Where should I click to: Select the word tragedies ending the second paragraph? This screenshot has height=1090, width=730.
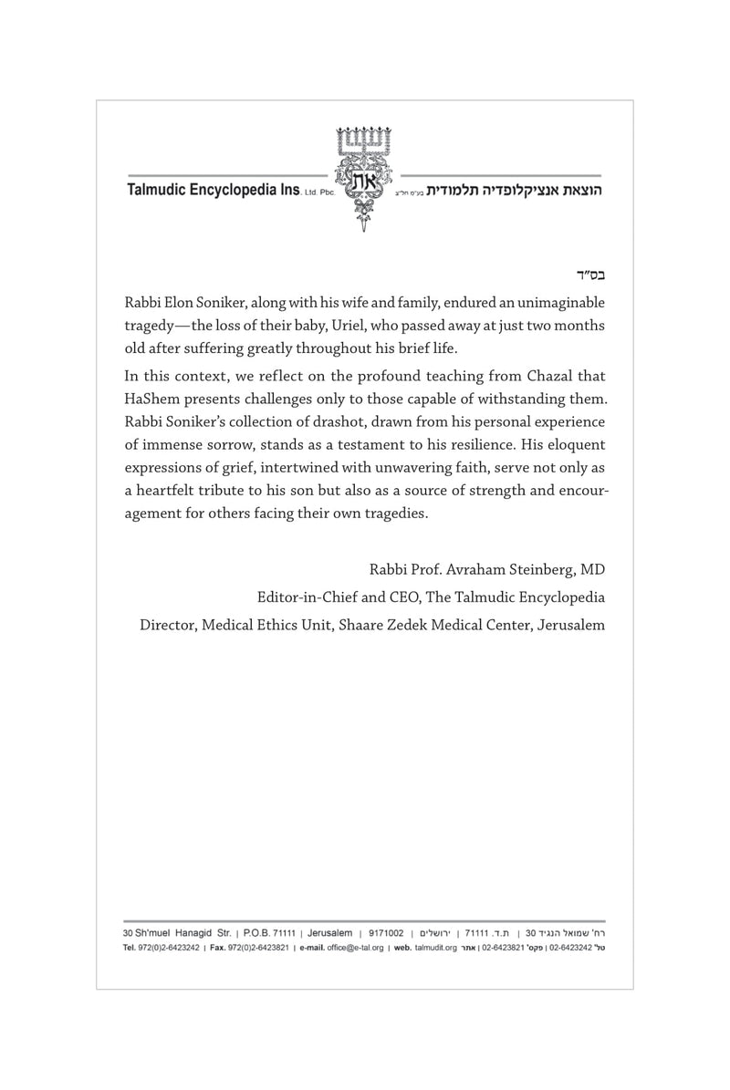point(394,514)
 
